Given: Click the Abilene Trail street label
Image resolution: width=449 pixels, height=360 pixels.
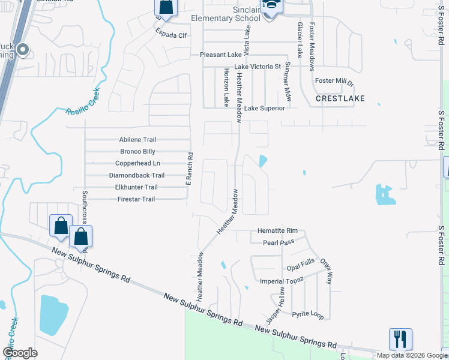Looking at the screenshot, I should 137,140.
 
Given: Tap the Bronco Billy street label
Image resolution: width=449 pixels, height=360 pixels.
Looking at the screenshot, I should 138,152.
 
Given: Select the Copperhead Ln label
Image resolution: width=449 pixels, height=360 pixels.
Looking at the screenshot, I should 137,163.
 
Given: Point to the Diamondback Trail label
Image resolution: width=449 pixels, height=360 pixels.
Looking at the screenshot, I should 136,175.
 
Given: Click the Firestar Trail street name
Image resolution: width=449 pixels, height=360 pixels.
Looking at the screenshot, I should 136,199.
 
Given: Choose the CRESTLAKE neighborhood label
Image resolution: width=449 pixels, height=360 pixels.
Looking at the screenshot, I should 340,98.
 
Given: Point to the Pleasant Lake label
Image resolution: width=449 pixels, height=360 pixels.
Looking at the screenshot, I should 220,55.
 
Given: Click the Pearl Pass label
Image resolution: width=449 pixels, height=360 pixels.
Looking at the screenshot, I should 278,243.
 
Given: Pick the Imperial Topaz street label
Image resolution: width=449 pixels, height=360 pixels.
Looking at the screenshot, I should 282,281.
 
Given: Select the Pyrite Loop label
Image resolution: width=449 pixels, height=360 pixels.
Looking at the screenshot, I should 307,314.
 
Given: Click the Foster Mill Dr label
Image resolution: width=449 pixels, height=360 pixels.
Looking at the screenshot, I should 334,82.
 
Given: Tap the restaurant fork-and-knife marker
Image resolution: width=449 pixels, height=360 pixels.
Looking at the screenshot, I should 400,339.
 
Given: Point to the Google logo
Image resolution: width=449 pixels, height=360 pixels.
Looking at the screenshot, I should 20,353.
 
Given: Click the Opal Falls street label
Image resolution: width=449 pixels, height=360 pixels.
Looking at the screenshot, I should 300,268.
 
